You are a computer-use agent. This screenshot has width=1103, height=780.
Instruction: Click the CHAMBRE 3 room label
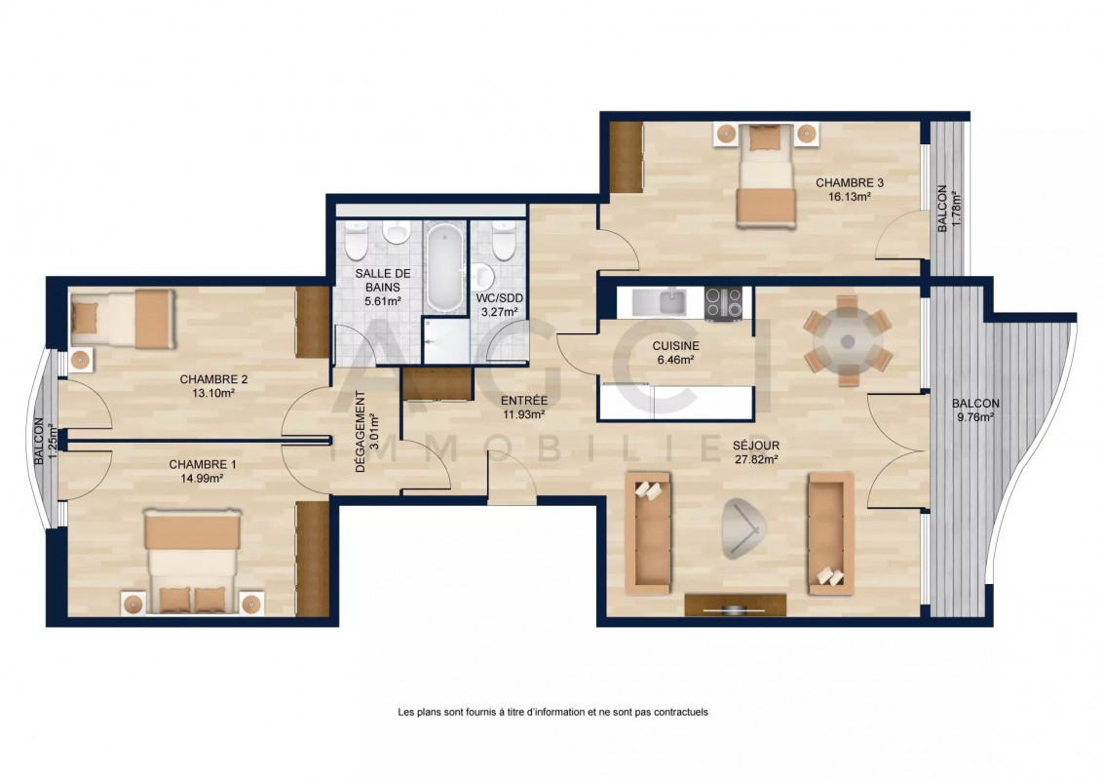849,183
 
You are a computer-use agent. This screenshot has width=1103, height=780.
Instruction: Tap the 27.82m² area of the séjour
755,459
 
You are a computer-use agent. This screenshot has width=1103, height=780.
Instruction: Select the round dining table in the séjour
848,341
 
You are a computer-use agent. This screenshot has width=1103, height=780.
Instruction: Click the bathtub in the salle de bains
446,267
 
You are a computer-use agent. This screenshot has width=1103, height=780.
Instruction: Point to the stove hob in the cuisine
723,303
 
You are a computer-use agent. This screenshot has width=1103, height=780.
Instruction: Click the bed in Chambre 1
193,561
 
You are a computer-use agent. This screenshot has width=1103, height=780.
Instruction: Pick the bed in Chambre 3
766,176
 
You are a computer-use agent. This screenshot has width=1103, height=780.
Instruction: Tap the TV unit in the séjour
735,604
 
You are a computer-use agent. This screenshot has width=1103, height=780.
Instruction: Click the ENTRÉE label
524,402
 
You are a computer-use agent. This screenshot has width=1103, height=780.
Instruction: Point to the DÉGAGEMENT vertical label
361,432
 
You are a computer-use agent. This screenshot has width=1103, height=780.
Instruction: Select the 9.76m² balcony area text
975,417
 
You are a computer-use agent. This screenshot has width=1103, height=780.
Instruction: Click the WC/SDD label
500,298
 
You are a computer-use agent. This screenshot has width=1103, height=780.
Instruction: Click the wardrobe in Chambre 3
627,157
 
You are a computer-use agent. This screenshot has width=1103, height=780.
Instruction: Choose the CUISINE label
675,346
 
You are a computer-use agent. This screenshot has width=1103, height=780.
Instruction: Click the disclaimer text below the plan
552,713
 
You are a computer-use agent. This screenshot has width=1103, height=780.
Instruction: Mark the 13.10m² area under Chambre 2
213,394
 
